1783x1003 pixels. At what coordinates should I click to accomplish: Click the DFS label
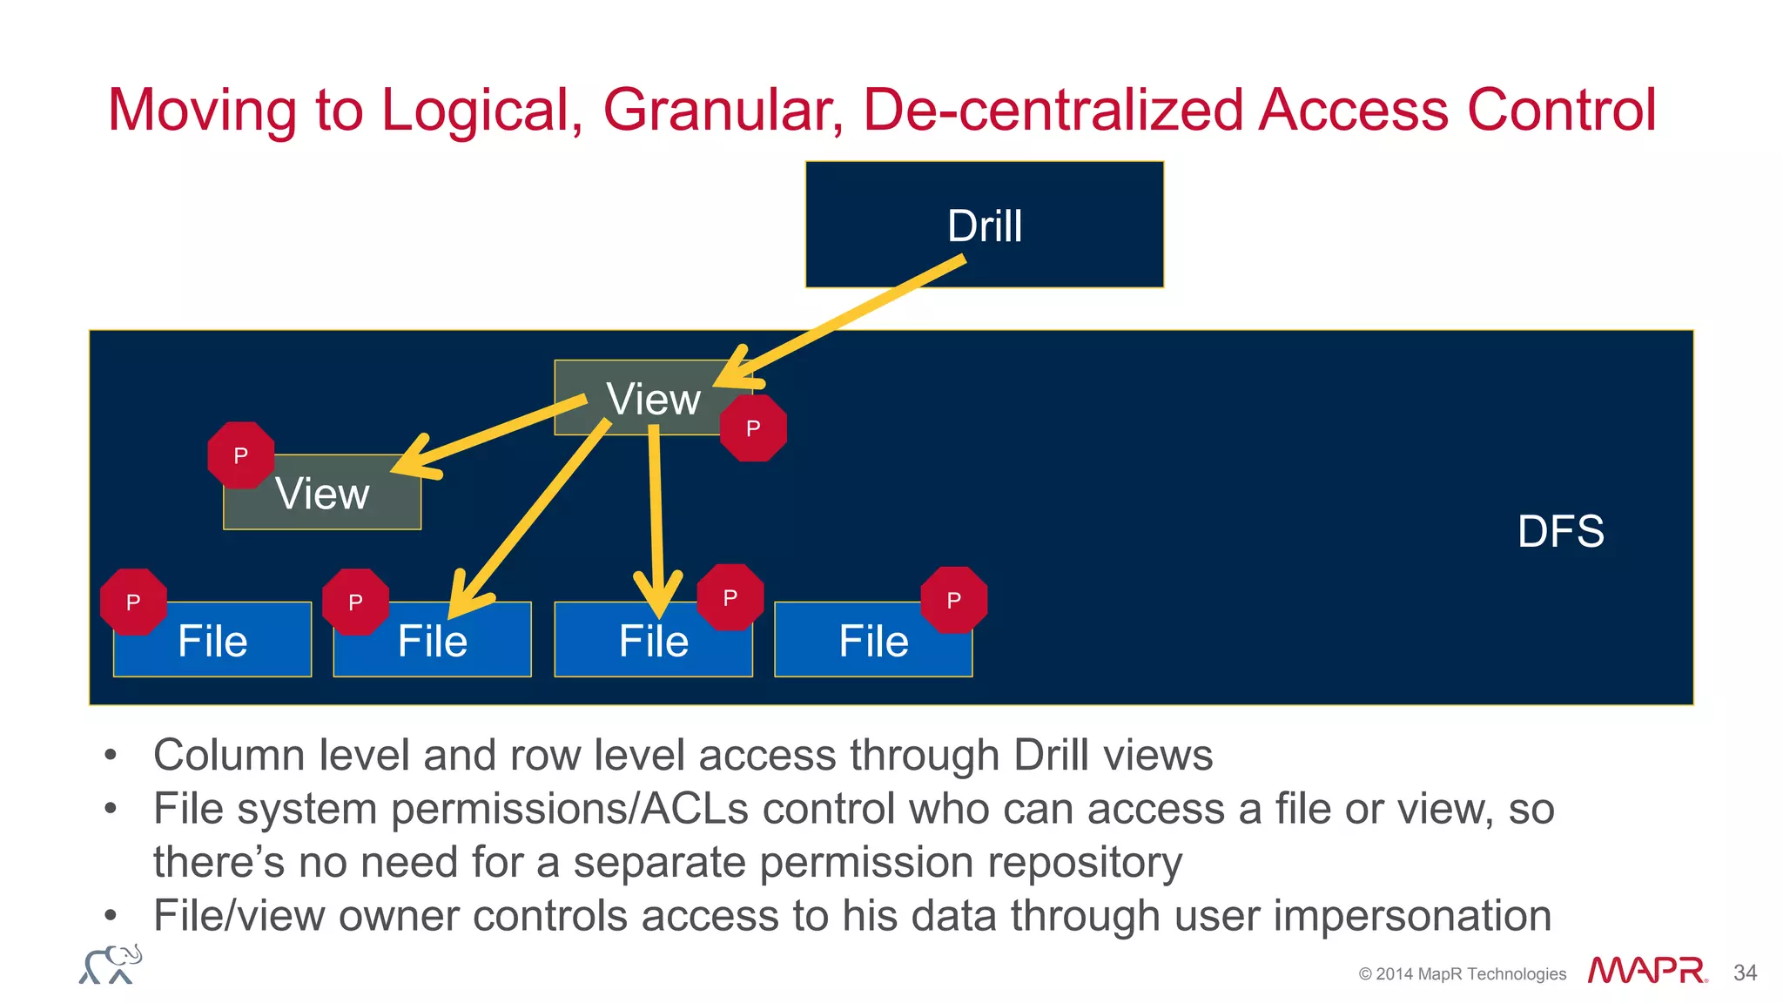[x=1560, y=531]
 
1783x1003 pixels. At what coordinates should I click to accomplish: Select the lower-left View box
[x=322, y=494]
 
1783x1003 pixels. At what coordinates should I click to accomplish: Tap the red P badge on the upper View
[x=753, y=427]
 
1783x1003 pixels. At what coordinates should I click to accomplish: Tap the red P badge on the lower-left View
[x=241, y=454]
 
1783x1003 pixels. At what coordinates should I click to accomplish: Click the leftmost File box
[x=212, y=642]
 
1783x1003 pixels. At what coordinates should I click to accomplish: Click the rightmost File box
[x=873, y=642]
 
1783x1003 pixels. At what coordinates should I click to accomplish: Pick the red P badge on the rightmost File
[x=953, y=600]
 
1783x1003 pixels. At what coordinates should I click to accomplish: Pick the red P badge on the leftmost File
[x=133, y=602]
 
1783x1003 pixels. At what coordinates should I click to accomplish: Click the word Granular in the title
[x=723, y=111]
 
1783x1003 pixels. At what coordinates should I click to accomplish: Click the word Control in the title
[x=1561, y=111]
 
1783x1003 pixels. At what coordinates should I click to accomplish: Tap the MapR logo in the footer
[x=1645, y=971]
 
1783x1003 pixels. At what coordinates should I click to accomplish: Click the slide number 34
[x=1745, y=973]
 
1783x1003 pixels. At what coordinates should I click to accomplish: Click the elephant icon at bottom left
[x=111, y=964]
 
